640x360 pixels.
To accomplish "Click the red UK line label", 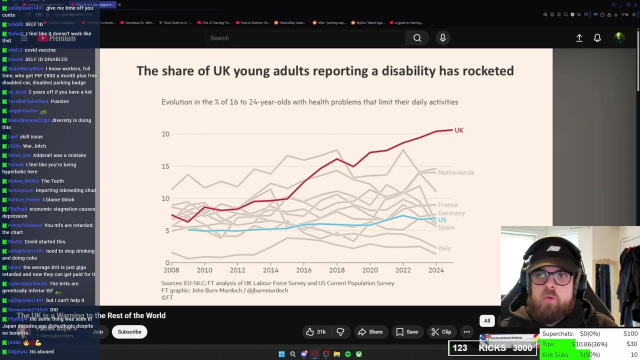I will pos(458,130).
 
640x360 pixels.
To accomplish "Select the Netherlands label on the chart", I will pos(455,172).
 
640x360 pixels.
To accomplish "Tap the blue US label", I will pos(442,220).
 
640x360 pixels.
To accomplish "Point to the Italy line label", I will pos(444,248).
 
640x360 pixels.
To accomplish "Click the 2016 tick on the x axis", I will pos(303,270).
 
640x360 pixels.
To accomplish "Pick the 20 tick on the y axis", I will pos(165,134).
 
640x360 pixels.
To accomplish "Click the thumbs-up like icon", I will pos(310,331).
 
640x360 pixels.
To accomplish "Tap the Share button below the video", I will pos(370,331).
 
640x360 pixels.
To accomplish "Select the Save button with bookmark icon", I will pos(407,331).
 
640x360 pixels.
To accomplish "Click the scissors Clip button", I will pos(441,331).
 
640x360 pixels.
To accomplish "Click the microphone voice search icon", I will pos(442,38).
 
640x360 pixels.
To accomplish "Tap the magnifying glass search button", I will pos(417,38).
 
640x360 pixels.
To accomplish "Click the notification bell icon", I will pos(597,38).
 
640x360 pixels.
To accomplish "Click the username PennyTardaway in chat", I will pos(25,225).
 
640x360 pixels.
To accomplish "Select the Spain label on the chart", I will pos(446,227).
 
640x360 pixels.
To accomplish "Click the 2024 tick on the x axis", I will pos(436,270).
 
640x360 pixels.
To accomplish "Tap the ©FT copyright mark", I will pos(167,297).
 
